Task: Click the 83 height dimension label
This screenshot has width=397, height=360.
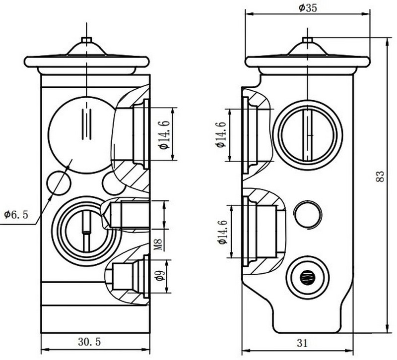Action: pyautogui.click(x=380, y=177)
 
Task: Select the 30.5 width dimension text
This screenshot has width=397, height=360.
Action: pyautogui.click(x=89, y=342)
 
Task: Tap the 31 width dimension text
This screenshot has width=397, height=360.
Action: pyautogui.click(x=302, y=342)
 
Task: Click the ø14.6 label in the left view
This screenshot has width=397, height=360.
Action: pyautogui.click(x=164, y=134)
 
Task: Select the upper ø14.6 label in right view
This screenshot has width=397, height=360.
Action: pyautogui.click(x=220, y=134)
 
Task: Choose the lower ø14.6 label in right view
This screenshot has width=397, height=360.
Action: pyautogui.click(x=220, y=232)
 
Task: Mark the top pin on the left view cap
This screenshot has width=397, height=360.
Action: pyautogui.click(x=86, y=40)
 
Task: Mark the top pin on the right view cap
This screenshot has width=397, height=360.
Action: pyautogui.click(x=307, y=39)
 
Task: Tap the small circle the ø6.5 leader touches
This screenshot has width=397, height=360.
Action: pyautogui.click(x=58, y=182)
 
